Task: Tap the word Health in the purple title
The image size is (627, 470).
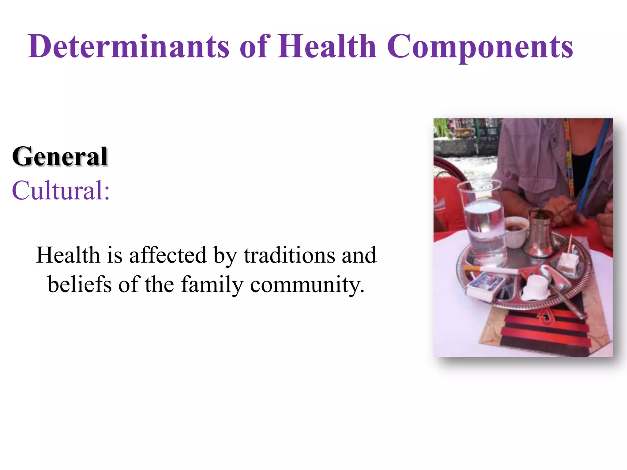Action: [327, 47]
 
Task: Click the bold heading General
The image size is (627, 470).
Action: [60, 156]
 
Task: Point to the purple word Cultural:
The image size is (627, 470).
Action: [61, 190]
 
